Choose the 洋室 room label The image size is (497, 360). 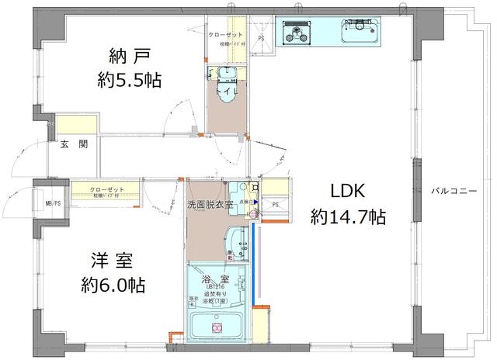tap(107, 260)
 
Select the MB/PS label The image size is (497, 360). tap(53, 205)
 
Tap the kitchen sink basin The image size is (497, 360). tap(363, 32)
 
